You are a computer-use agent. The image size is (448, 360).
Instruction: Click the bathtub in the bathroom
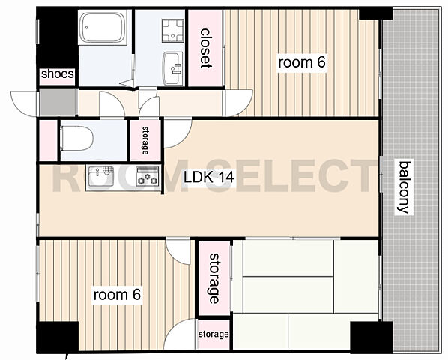[103, 28]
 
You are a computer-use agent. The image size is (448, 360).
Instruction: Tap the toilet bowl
[77, 139]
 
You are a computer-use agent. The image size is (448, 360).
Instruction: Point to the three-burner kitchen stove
[147, 177]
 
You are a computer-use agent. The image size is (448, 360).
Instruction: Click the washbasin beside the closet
[172, 68]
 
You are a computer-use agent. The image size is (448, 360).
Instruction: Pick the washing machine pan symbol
[172, 30]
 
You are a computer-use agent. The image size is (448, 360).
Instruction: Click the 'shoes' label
[58, 74]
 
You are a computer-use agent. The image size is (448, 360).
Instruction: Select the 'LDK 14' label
[208, 177]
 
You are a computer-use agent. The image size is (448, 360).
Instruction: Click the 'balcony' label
[405, 187]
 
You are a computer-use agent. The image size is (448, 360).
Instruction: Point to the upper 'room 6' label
[302, 62]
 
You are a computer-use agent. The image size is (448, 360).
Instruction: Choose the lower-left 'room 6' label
[117, 295]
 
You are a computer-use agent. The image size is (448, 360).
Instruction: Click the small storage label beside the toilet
[145, 140]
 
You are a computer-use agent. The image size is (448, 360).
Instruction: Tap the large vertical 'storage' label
[214, 278]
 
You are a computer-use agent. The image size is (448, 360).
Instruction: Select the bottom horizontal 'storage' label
[214, 334]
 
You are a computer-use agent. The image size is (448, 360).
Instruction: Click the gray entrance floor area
[58, 102]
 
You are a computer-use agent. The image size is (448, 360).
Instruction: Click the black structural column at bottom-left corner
[58, 337]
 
